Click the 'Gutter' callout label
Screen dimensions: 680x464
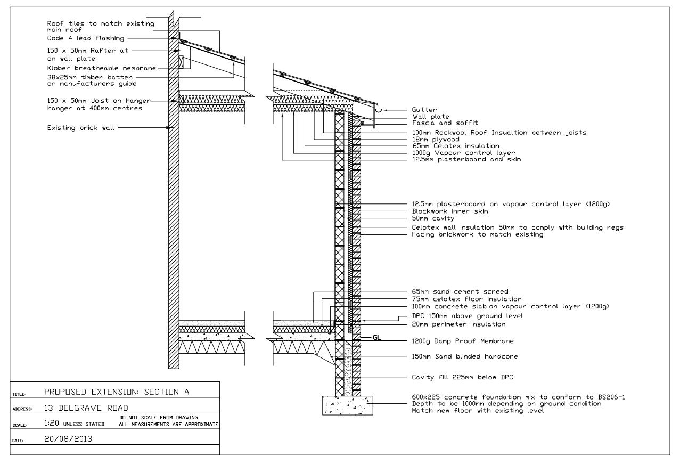[424, 110]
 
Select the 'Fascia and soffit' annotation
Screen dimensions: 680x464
[445, 123]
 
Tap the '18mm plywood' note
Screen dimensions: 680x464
[436, 140]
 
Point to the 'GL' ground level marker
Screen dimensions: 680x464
[376, 337]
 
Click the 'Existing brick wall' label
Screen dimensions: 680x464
[81, 128]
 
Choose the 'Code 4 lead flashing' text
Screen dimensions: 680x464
[86, 38]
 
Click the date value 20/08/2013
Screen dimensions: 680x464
[68, 439]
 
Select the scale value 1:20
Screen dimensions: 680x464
[51, 423]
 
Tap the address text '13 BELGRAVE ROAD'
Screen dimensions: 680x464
[86, 408]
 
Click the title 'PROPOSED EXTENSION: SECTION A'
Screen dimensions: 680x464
[117, 392]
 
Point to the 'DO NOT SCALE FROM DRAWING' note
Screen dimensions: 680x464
[159, 418]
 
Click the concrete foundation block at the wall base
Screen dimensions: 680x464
[348, 405]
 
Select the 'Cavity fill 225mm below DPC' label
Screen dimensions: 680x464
[462, 378]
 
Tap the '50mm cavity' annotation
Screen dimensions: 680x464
[433, 218]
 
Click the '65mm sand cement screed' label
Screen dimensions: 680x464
[460, 292]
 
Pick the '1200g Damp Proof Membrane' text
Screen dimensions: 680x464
[463, 341]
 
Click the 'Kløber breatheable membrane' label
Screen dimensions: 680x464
[101, 68]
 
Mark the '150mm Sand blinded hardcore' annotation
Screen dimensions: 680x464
[465, 356]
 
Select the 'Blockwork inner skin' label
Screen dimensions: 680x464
[450, 211]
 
